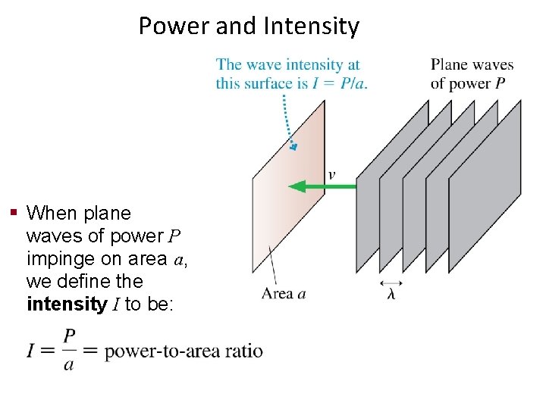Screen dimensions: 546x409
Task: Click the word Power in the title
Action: point(174,27)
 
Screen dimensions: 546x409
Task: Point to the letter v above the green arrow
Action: point(331,175)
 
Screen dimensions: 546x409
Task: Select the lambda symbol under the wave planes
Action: point(391,294)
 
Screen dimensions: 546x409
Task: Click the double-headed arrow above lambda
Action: point(391,283)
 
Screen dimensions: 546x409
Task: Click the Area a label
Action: point(283,293)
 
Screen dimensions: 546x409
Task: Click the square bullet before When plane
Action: point(14,211)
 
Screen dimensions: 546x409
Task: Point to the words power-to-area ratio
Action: point(184,351)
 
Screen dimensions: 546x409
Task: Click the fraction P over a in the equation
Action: point(70,349)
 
